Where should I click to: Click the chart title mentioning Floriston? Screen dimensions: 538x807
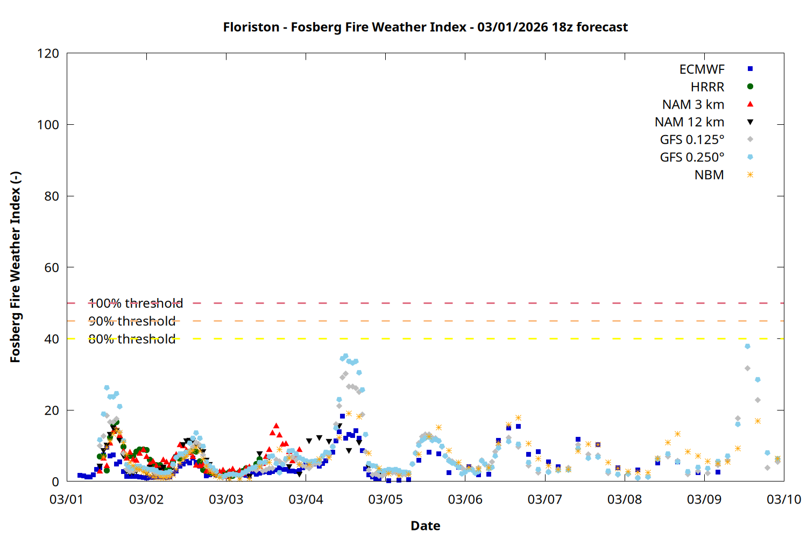tap(425, 27)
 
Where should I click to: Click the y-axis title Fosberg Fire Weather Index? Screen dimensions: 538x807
tap(15, 267)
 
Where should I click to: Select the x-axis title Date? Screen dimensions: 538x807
tap(425, 526)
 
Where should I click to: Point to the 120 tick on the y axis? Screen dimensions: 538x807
tap(48, 53)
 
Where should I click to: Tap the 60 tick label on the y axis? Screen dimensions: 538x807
tap(52, 267)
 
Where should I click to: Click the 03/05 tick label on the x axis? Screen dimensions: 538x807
tap(385, 499)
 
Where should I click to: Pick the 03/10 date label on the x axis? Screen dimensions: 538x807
tap(783, 499)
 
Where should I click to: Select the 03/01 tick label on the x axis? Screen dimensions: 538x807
tap(67, 499)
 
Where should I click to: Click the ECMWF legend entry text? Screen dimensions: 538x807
tap(702, 69)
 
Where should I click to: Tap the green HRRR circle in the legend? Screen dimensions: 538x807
tap(750, 87)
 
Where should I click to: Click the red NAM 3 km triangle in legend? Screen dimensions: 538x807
tap(750, 104)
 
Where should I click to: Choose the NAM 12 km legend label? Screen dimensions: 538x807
tap(689, 122)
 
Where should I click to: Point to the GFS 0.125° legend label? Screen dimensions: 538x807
tap(692, 140)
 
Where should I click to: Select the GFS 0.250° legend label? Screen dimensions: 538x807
tap(692, 158)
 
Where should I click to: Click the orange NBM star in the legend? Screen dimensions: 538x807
tap(750, 175)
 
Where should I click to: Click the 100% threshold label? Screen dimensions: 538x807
tap(136, 303)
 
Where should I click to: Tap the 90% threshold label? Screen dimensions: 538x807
tap(132, 321)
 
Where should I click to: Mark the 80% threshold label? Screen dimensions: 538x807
tap(132, 339)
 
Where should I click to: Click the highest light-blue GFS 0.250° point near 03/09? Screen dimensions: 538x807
tap(747, 346)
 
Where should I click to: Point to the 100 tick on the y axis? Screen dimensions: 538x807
tap(48, 125)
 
